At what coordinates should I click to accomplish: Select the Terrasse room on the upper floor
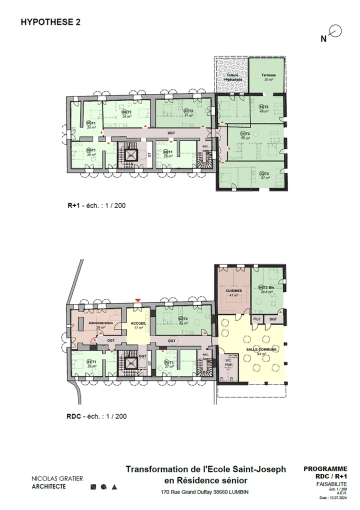pyautogui.click(x=267, y=77)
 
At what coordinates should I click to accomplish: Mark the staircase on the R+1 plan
pyautogui.click(x=128, y=154)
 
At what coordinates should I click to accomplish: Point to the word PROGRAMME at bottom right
pyautogui.click(x=326, y=467)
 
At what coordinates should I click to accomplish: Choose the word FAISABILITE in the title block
pyautogui.click(x=331, y=483)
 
